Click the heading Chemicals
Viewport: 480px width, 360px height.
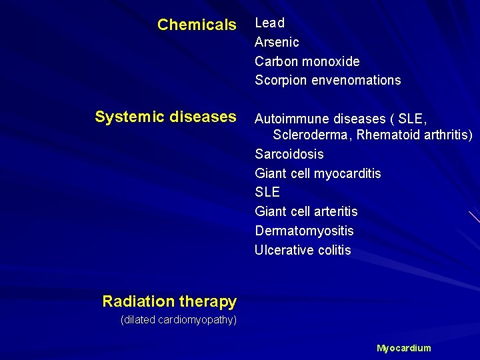coord(197,25)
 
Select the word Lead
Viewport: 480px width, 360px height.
coord(270,23)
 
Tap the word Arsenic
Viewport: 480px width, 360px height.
coord(277,42)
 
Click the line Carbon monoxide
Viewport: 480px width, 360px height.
coord(307,61)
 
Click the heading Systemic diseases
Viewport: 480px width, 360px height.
coord(165,117)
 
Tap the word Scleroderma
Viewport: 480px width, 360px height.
coord(311,135)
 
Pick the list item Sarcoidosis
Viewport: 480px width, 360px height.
coord(289,154)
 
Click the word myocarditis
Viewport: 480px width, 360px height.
coord(347,173)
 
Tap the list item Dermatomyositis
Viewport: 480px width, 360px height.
coord(304,231)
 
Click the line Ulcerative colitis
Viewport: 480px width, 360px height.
coord(303,251)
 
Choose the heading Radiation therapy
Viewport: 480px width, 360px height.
coord(169,301)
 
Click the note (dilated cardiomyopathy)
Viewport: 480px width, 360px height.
coord(178,320)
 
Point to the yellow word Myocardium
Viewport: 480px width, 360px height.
coord(404,348)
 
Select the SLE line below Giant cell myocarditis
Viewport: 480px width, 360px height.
coord(267,192)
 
